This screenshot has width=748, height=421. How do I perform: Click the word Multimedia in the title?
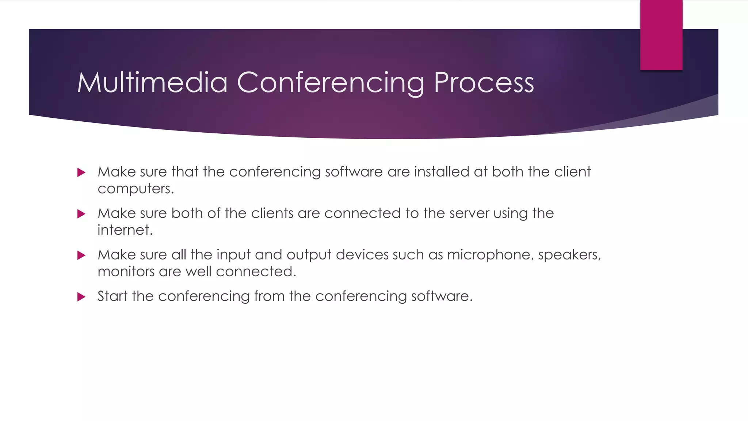point(152,83)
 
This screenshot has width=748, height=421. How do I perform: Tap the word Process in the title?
point(484,83)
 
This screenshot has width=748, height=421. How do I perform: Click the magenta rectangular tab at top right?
point(661,35)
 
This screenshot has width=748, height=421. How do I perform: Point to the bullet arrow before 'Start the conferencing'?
point(81,297)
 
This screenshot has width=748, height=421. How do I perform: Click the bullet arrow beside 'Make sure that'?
point(81,172)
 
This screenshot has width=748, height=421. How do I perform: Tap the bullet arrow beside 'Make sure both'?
point(81,214)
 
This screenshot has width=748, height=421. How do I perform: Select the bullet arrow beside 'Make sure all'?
point(81,255)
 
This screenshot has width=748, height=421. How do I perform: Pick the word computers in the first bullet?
point(136,189)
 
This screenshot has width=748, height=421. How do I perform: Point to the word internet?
point(125,230)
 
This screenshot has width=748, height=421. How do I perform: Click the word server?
point(469,213)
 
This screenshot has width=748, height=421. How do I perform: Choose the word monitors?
point(126,272)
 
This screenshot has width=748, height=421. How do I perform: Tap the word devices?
point(362,255)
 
